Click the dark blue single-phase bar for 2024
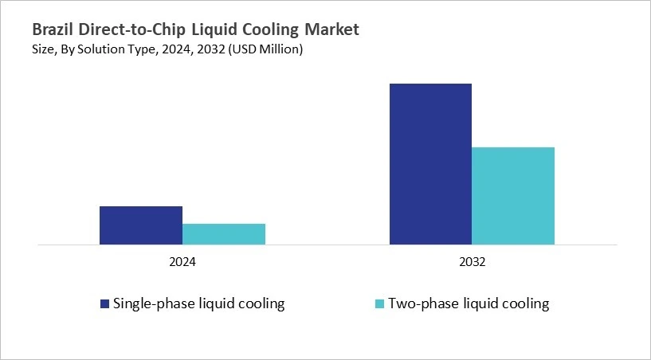pyautogui.click(x=141, y=225)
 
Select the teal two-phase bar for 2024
pyautogui.click(x=224, y=233)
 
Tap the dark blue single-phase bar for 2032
pyautogui.click(x=430, y=163)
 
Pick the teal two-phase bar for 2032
pyautogui.click(x=513, y=195)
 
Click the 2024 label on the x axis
pyautogui.click(x=182, y=261)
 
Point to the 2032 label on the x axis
pyautogui.click(x=473, y=261)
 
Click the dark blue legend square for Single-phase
pyautogui.click(x=104, y=303)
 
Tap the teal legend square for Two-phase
pyautogui.click(x=379, y=303)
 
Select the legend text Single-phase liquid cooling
pyautogui.click(x=198, y=303)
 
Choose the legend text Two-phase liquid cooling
pyautogui.click(x=469, y=303)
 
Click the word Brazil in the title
pyautogui.click(x=53, y=30)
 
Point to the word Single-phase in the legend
pyautogui.click(x=152, y=303)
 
